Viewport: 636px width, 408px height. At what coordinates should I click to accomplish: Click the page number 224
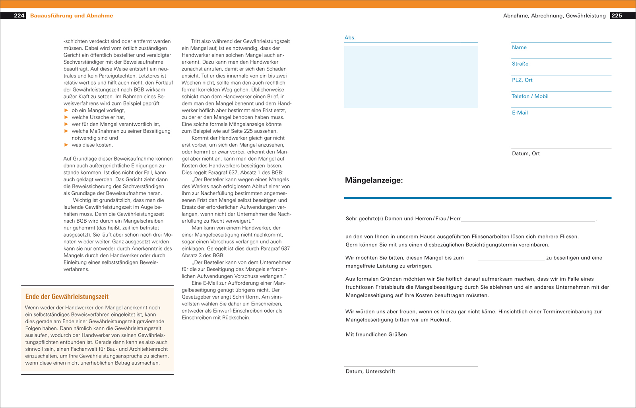(19, 16)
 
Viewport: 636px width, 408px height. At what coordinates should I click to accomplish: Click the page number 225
(617, 16)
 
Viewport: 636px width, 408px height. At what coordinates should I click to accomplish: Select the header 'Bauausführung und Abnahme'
(72, 16)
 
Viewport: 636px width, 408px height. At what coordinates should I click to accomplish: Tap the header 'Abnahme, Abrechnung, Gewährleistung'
(554, 16)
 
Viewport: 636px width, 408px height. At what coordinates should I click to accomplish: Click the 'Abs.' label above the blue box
(350, 38)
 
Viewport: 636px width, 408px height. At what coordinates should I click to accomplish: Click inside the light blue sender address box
(411, 77)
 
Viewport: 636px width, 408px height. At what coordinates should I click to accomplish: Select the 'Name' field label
(519, 47)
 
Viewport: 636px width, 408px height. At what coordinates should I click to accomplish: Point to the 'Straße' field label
(520, 64)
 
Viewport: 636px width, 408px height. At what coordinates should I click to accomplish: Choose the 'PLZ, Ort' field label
(522, 80)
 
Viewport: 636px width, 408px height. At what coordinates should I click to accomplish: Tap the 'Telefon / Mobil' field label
(530, 96)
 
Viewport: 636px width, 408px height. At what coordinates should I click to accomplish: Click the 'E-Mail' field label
(520, 113)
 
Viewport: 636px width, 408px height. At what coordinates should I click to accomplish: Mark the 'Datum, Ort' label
(525, 153)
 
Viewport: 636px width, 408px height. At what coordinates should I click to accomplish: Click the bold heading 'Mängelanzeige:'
(374, 181)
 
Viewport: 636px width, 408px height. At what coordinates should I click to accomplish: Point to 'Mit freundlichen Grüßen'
(376, 334)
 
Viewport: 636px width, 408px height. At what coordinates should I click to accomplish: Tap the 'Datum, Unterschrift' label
(370, 371)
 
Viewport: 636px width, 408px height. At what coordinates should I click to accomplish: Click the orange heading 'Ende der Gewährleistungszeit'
(67, 297)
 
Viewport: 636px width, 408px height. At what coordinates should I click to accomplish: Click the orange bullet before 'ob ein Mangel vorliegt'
(66, 111)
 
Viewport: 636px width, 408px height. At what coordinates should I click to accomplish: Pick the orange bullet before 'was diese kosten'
(66, 145)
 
